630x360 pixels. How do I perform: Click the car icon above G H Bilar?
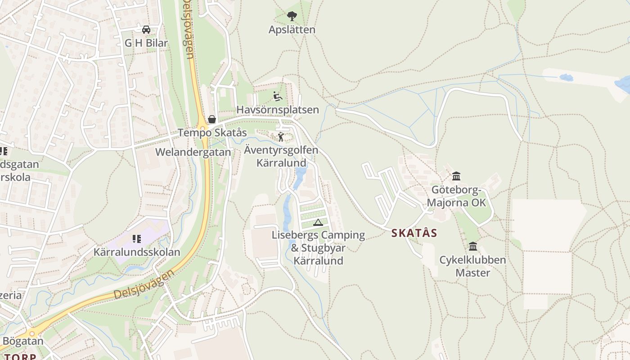pos(146,30)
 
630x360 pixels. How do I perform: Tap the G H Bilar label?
pos(146,43)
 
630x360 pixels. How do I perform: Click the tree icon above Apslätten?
pos(292,17)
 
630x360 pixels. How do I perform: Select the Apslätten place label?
pos(292,30)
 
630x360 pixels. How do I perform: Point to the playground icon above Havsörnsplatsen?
pos(278,96)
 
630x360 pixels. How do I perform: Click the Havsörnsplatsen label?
pos(278,110)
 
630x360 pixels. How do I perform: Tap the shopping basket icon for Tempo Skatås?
pos(212,119)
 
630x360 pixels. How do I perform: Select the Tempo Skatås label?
pos(212,133)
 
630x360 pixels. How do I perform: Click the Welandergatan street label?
pos(193,152)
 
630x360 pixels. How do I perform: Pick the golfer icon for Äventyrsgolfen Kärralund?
pos(281,137)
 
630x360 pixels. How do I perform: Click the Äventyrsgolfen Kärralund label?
pos(281,156)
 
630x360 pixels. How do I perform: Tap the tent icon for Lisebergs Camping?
pos(318,222)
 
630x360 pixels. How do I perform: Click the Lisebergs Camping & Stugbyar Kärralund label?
pos(318,247)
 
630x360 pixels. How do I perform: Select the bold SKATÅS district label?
pos(414,233)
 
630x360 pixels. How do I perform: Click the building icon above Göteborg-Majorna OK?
pos(456,176)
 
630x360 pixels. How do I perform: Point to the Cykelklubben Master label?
pos(472,266)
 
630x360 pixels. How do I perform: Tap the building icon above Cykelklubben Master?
pos(472,246)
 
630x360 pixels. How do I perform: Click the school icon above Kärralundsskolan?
pos(137,238)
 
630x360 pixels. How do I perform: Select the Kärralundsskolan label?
pos(137,252)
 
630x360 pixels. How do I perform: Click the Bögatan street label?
pos(23,341)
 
